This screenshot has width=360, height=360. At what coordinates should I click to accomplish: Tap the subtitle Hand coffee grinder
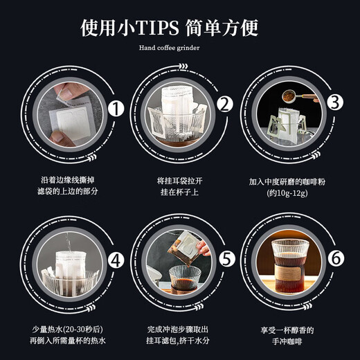[x=179, y=49]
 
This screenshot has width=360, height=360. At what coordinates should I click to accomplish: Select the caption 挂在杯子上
[x=179, y=193]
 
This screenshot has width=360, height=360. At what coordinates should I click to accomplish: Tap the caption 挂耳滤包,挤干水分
[x=179, y=343]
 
